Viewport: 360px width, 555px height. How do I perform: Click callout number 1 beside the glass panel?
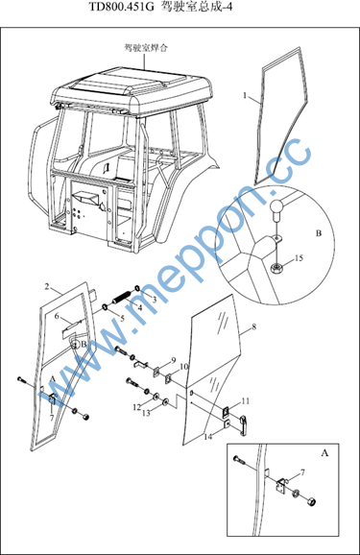coord(245,96)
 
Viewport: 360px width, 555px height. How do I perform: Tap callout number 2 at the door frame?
coord(47,286)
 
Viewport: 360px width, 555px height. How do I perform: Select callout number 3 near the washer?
coord(155,300)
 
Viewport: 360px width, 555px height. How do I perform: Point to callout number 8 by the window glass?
coord(254,326)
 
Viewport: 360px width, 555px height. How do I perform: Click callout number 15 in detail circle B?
coord(299,257)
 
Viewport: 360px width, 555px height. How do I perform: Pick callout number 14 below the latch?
coord(208,437)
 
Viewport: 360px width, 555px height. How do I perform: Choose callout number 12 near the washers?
coord(137,407)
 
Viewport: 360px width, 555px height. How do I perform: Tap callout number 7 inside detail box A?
coord(302,472)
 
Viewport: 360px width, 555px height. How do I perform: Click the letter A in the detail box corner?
coord(324,452)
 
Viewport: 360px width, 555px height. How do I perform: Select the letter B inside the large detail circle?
coord(319,233)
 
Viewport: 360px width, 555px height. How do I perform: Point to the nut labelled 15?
coord(276,268)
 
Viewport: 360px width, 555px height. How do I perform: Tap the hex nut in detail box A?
coord(311,501)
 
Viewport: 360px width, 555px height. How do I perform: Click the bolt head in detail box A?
coord(236,459)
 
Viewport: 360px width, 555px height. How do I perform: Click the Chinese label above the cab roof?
coord(146,48)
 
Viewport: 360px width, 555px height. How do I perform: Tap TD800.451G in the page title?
coord(122,7)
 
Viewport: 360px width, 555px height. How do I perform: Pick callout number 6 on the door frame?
coord(57,316)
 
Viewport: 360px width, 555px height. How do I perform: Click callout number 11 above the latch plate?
coord(246,401)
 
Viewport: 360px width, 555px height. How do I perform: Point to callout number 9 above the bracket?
coord(174,360)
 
